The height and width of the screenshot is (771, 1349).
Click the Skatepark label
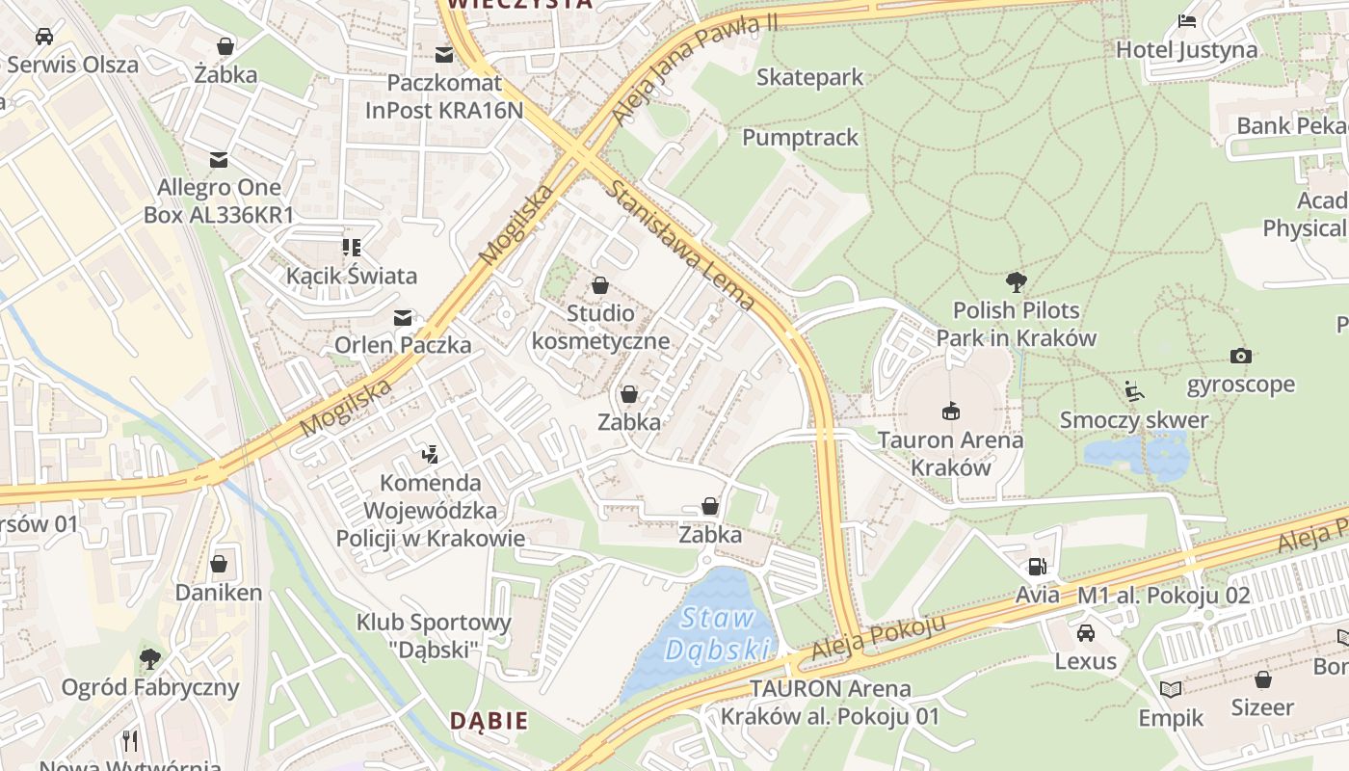coord(809,77)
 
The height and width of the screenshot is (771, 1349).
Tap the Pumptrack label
coord(800,138)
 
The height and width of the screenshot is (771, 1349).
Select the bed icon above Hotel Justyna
coord(1187,21)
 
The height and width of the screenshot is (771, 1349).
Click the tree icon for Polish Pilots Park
coord(1016,282)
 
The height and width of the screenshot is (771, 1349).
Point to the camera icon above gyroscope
coord(1241,357)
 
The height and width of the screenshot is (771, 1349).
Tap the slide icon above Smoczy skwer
coord(1134,391)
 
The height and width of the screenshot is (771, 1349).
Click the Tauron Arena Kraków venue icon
coord(951,412)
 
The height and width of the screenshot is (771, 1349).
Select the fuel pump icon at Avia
coord(1037,567)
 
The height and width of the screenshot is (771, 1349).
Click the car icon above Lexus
coord(1086,633)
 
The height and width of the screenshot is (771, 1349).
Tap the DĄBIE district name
coord(489,720)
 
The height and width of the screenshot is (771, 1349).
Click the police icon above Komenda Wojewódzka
coord(431,453)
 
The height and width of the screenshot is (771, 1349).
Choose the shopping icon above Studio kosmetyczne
coord(600,285)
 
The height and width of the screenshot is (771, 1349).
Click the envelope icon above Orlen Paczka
coord(403,317)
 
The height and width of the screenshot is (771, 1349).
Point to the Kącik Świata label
coord(352,276)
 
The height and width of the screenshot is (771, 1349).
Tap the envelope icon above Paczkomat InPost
coord(444,55)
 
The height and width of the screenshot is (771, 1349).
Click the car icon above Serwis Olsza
coord(43,37)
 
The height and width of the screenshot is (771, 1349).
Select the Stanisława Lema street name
coord(679,245)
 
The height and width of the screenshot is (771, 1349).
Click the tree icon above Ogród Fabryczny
coord(149,659)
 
